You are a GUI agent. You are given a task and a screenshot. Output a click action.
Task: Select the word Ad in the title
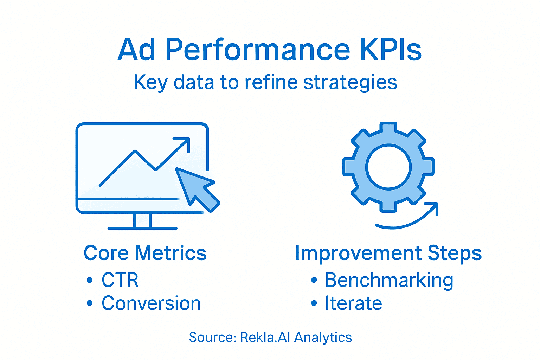(x=136, y=49)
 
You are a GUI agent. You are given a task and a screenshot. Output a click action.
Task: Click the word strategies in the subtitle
(x=350, y=83)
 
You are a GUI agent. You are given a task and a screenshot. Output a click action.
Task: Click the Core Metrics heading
(x=145, y=253)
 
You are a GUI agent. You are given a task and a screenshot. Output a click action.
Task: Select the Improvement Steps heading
(x=388, y=253)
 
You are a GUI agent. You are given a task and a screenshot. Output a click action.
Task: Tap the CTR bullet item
(x=120, y=280)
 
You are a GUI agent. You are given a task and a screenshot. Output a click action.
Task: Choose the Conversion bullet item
(x=151, y=303)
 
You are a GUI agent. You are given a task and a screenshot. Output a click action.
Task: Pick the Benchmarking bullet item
(x=389, y=281)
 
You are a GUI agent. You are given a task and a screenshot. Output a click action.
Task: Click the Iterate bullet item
(x=353, y=303)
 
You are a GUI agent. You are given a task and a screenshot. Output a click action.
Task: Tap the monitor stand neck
(x=142, y=220)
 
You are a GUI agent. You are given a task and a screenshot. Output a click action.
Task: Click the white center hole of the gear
(x=388, y=167)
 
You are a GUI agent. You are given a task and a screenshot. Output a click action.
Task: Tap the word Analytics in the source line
(x=323, y=337)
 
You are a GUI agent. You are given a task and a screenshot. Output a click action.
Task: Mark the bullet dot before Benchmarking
(x=314, y=280)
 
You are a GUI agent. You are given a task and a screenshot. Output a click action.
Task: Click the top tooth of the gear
(x=388, y=129)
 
